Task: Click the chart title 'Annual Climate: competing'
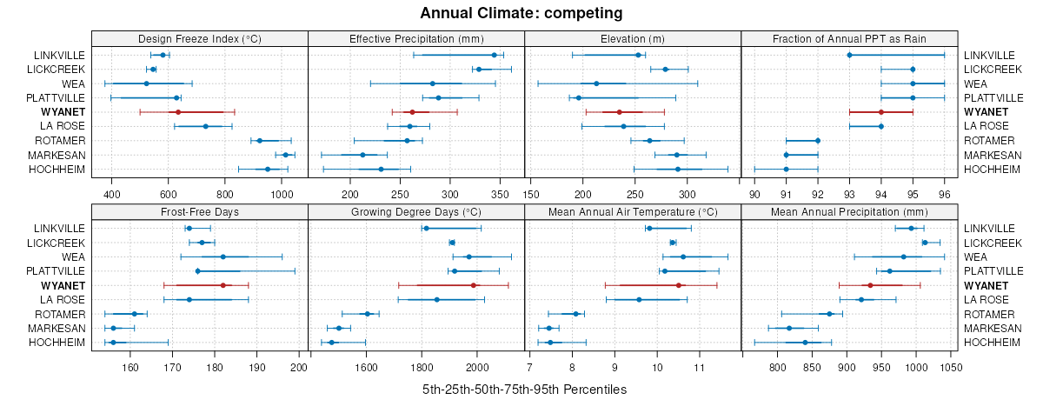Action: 521,13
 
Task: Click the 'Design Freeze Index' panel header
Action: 199,38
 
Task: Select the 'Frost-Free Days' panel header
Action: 199,211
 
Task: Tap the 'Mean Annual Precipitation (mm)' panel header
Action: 849,211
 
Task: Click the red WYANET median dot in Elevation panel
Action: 619,112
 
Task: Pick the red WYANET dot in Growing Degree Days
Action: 474,285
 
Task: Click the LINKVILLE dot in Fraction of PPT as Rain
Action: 849,55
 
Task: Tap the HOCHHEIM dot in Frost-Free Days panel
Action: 113,343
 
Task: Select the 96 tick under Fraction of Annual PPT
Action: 944,193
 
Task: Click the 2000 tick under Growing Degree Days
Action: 476,367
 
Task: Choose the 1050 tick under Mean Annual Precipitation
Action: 951,367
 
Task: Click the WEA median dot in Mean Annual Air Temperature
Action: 683,256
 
